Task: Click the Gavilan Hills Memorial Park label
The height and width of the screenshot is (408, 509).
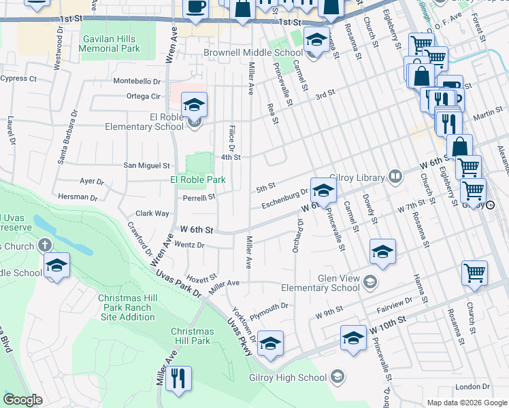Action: pyautogui.click(x=110, y=44)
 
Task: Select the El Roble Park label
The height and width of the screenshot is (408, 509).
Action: pyautogui.click(x=197, y=180)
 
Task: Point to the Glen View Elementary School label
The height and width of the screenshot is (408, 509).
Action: pyautogui.click(x=338, y=283)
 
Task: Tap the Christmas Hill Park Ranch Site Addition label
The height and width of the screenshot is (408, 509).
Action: pyautogui.click(x=126, y=307)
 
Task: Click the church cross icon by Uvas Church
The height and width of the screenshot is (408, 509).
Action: pyautogui.click(x=46, y=245)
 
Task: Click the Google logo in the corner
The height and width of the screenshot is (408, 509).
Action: pyautogui.click(x=22, y=400)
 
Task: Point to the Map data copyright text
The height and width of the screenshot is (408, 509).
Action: pyautogui.click(x=467, y=403)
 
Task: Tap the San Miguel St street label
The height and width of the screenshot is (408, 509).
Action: pyautogui.click(x=146, y=165)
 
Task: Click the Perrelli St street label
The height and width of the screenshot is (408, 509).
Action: pyautogui.click(x=199, y=197)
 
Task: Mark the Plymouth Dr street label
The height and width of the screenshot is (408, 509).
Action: pyautogui.click(x=269, y=309)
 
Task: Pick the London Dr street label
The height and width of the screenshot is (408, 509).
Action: pyautogui.click(x=467, y=387)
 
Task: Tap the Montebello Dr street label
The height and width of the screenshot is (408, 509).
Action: pyautogui.click(x=137, y=81)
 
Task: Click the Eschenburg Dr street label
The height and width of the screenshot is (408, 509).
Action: pyautogui.click(x=286, y=199)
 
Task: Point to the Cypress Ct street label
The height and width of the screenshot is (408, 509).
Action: pyautogui.click(x=18, y=79)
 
